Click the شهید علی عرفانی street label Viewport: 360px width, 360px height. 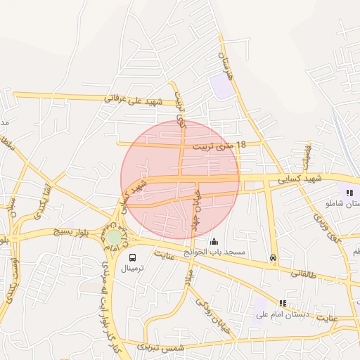tap(134, 100)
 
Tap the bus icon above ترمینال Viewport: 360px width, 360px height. tap(132, 257)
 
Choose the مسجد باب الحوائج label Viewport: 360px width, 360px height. tap(214, 252)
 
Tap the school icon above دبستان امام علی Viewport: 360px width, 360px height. tap(283, 303)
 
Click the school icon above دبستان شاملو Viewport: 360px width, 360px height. tap(349, 193)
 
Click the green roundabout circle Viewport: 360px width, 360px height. tap(113, 238)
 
